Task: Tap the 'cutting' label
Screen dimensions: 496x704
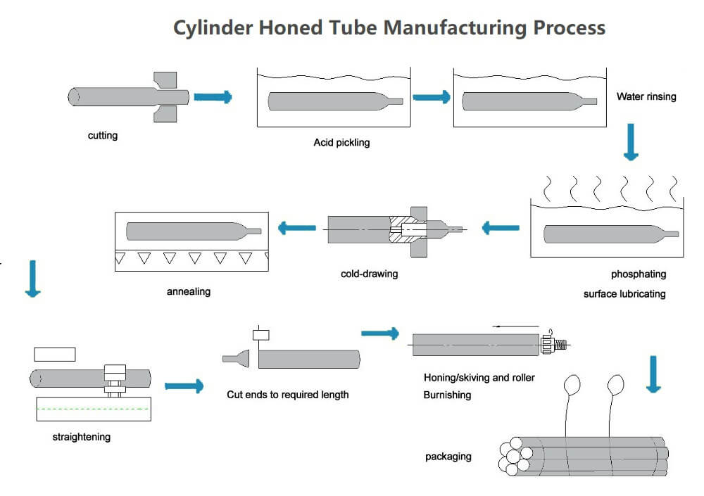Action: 103,135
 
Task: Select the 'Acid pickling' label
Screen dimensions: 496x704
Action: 341,143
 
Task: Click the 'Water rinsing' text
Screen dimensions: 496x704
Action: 646,96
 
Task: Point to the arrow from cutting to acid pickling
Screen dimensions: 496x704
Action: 213,97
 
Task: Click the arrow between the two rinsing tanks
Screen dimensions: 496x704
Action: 432,98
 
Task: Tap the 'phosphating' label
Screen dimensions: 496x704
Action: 638,274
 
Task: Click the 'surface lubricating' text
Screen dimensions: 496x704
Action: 624,293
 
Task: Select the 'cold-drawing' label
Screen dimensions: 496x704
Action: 369,274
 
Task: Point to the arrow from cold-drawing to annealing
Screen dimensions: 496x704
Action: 296,227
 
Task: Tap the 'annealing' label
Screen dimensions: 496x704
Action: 189,291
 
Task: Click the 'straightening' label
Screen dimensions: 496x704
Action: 82,437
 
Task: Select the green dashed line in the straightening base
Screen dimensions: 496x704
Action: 93,409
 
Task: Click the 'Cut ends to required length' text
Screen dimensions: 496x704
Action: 287,395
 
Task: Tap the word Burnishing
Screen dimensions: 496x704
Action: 447,395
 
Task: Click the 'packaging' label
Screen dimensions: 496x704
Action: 448,457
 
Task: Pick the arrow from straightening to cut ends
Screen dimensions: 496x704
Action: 184,386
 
